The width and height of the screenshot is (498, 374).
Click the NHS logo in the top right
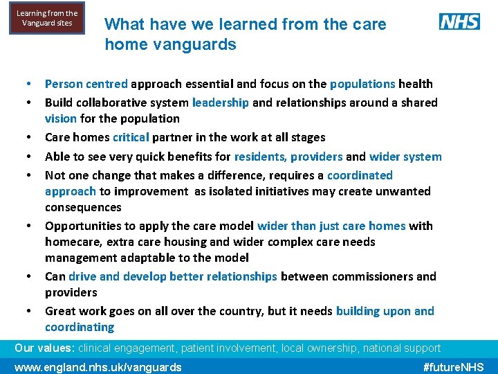coord(459,21)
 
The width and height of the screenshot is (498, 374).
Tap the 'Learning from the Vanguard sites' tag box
coord(47,19)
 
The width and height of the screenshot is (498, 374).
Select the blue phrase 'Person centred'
coord(86,84)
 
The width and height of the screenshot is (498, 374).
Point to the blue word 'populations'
coord(362,84)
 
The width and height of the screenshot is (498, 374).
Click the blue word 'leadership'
coord(220,103)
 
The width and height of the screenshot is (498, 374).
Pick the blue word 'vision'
coord(60,118)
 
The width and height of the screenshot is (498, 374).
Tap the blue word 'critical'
coord(131,137)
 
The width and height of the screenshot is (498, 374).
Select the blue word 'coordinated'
coord(360,175)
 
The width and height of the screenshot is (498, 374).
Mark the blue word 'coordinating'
coord(80,327)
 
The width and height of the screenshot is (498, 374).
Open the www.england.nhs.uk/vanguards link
coord(98,367)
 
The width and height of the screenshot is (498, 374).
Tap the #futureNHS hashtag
coord(453,367)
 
